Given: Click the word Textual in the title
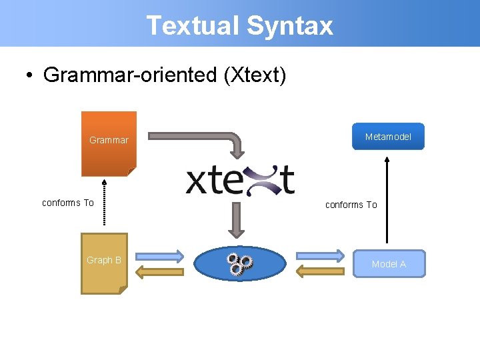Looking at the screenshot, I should pos(193,25).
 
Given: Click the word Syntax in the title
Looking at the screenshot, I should pos(289,25).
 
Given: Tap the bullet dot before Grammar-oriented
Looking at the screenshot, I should pos(30,75).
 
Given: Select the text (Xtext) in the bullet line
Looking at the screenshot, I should pos(255,75).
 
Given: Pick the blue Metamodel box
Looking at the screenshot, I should pos(388,137).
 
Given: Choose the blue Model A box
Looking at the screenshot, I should pos(389,263).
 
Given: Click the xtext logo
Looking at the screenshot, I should pos(240,180).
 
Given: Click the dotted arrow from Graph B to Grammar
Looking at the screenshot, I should pos(104,204).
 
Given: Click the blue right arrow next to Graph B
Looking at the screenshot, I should pos(159,256).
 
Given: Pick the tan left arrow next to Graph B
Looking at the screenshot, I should pos(159,271).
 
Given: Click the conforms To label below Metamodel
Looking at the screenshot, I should pos(351,205).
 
